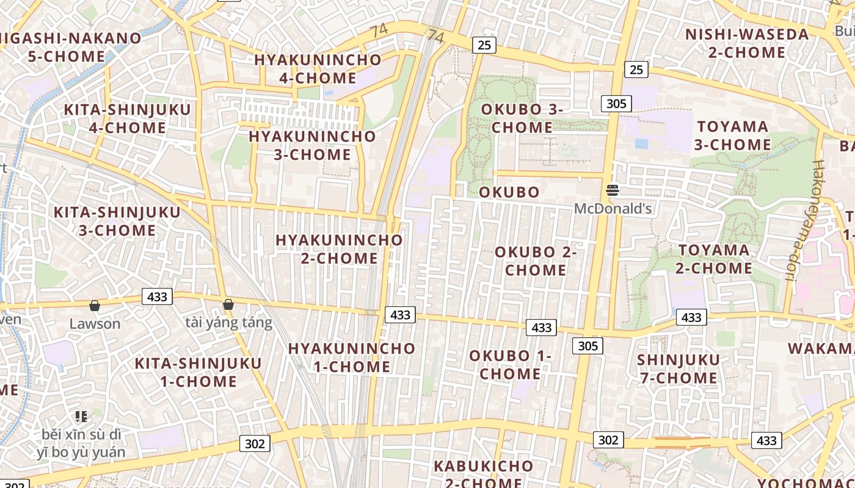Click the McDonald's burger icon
(613, 190)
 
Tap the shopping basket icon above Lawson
(95, 305)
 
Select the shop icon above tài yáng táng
(228, 304)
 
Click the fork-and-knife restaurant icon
(81, 417)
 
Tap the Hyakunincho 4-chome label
(318, 69)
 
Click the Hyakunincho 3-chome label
(312, 145)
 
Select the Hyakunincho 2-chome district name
(339, 249)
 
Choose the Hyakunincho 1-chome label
(352, 357)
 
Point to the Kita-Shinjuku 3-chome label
(117, 221)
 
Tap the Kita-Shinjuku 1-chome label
(198, 372)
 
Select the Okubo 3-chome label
(522, 118)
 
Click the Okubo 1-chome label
(510, 364)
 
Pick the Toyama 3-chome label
(732, 135)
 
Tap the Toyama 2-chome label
(714, 259)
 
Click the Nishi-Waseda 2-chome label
(747, 43)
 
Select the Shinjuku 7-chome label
(679, 368)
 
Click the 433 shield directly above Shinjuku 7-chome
(691, 317)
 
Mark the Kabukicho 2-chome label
(483, 474)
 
